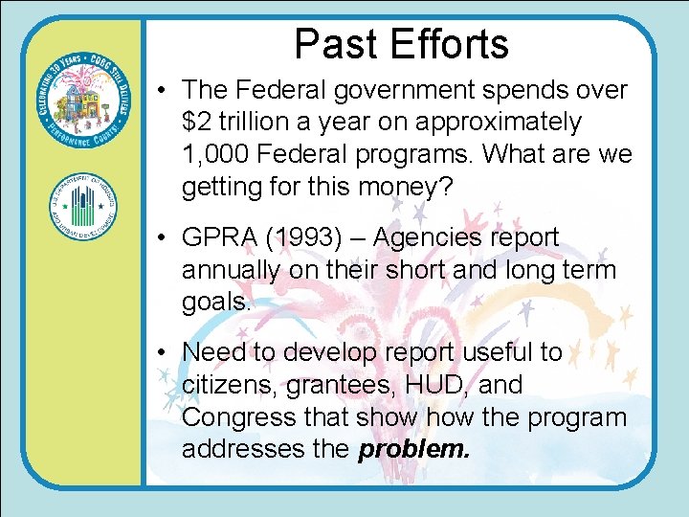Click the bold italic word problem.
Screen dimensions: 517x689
[x=414, y=449]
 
